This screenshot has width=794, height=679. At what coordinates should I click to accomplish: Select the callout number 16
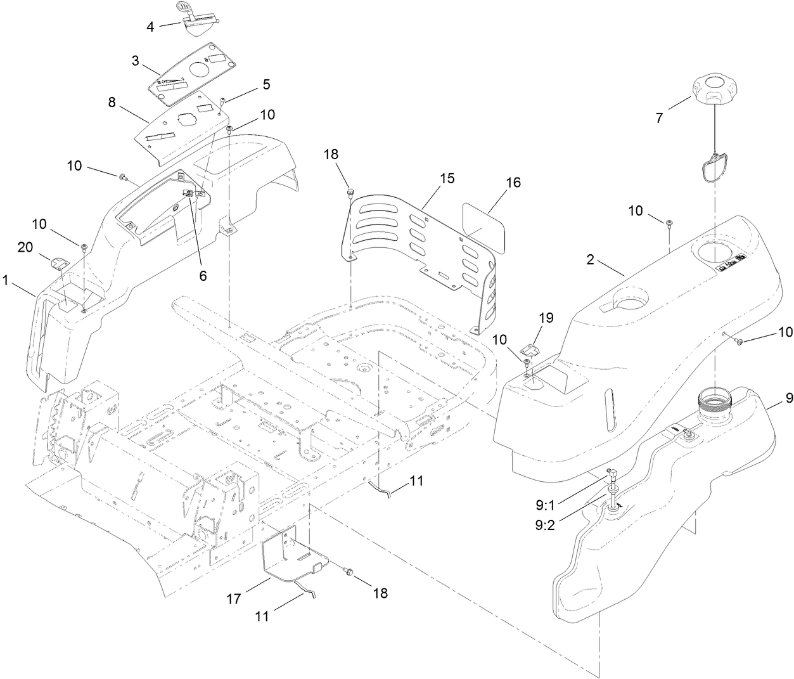[x=513, y=182]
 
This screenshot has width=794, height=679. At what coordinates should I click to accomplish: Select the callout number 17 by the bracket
[x=234, y=598]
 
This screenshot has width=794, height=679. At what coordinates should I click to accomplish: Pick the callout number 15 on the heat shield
[x=447, y=178]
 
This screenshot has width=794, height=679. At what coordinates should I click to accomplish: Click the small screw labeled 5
[x=223, y=101]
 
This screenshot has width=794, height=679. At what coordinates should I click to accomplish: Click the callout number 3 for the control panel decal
[x=135, y=61]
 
